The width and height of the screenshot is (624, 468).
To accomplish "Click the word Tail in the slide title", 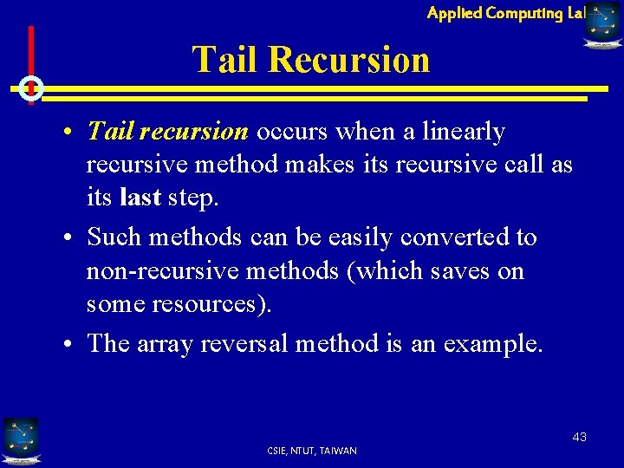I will pos(225,60).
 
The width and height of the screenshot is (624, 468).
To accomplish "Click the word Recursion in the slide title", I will pos(348,60).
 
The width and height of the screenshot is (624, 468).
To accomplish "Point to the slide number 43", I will pos(579,437).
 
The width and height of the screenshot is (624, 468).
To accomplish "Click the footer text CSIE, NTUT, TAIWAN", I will pos(312,451).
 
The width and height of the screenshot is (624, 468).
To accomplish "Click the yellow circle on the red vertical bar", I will pos(30,88).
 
